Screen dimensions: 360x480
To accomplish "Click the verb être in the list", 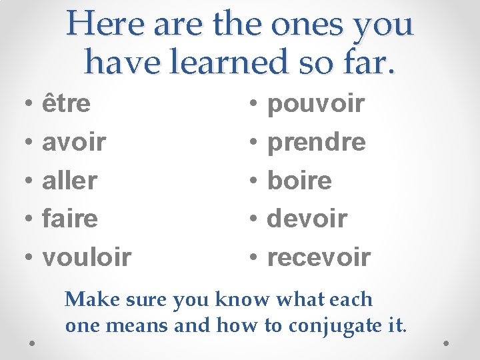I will coord(66,104).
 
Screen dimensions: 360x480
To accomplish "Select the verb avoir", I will coord(74,142).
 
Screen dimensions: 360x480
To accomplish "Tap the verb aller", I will coord(69,180).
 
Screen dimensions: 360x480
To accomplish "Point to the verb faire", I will coord(69,218).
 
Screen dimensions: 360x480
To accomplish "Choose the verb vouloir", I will coord(87,256).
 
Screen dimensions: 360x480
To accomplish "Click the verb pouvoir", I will coord(315,104).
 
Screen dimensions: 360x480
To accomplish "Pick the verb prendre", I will coord(316,142).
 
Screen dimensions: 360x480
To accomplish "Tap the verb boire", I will coord(299,180).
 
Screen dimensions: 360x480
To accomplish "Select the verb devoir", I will coord(307,218).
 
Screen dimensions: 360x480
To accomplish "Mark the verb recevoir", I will coord(318,256).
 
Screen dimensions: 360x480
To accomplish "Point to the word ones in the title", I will coord(313,25).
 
